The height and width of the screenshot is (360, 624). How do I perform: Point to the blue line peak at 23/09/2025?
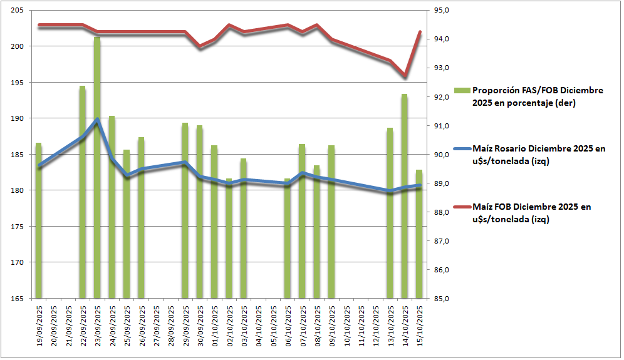[97, 119]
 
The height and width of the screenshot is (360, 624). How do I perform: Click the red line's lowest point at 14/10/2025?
[405, 76]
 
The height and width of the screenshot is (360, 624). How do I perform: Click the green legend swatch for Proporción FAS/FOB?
[464, 91]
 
